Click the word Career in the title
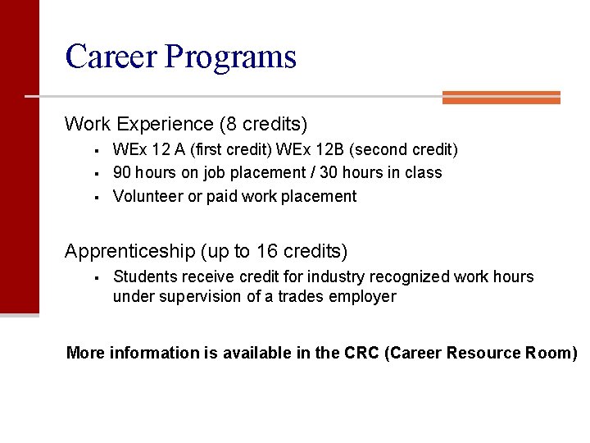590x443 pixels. (x=111, y=57)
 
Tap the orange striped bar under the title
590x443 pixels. (x=501, y=98)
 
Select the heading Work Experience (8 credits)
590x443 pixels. (x=186, y=125)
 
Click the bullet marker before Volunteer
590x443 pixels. (x=96, y=197)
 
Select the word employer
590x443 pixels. (x=362, y=297)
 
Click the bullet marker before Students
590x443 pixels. (x=96, y=277)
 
